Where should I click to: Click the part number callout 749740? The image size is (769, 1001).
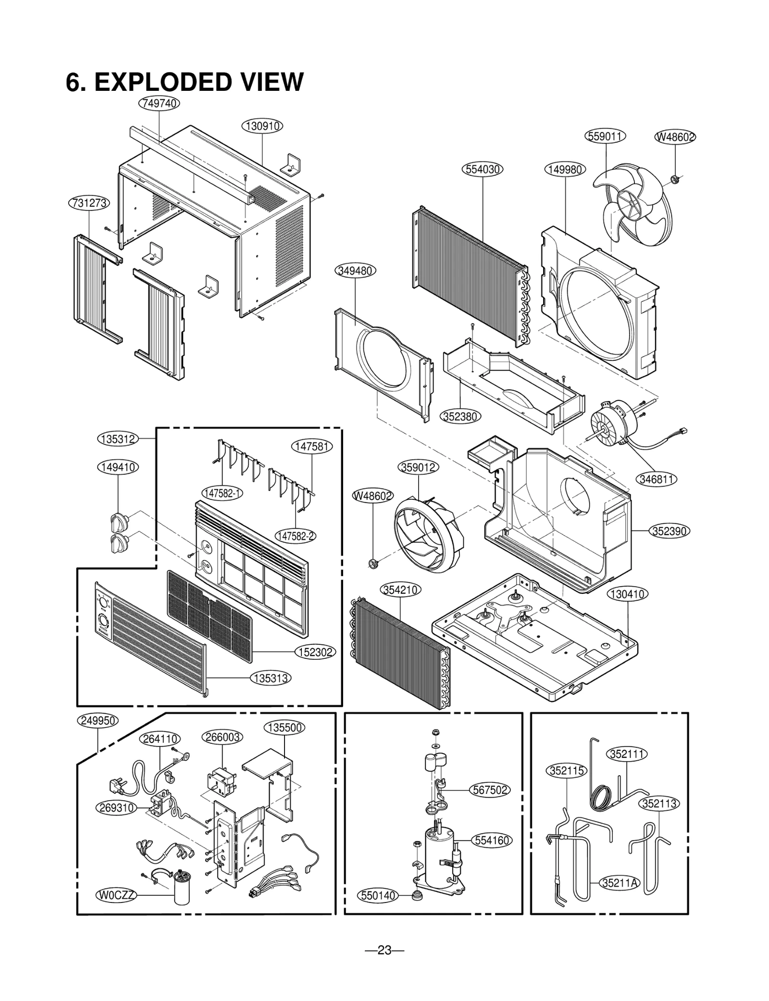pyautogui.click(x=159, y=103)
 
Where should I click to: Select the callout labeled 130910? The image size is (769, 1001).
pyautogui.click(x=262, y=126)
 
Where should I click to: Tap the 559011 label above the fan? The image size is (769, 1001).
pyautogui.click(x=606, y=136)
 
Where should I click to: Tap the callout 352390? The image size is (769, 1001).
pyautogui.click(x=670, y=531)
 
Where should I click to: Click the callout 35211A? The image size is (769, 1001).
pyautogui.click(x=620, y=883)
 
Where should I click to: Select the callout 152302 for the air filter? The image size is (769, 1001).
pyautogui.click(x=315, y=652)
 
